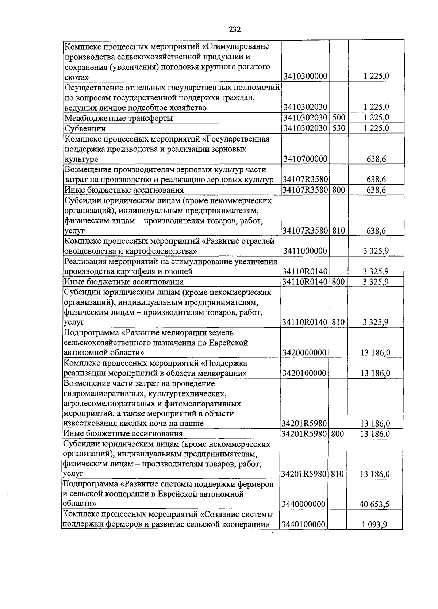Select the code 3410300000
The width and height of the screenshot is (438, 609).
305,77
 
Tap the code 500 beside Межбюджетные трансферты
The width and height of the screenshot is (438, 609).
338,118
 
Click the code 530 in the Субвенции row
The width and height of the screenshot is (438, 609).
338,128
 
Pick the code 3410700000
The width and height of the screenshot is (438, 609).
305,159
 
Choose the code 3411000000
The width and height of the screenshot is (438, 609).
305,251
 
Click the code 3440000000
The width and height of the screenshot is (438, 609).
304,504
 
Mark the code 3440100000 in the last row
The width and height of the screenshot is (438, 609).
304,525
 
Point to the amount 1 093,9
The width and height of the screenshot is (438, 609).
374,525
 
